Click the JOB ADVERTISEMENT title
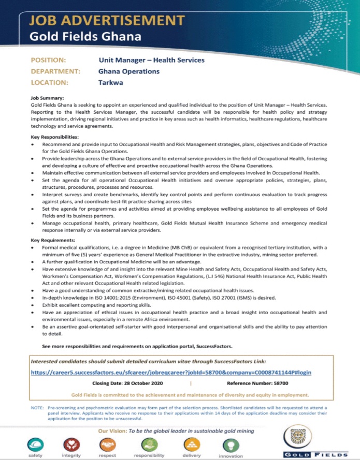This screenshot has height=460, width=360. coord(107,21)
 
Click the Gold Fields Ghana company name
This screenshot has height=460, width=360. coord(85,37)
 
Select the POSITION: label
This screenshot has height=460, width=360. coord(48,60)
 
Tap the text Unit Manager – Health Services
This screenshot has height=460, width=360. coord(151,60)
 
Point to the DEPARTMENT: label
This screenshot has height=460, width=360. coord(55,71)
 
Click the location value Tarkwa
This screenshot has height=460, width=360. coord(110,82)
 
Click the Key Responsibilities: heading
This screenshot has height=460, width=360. coord(56,137)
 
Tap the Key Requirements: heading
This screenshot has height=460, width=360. coord(54,240)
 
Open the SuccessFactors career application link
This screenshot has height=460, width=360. coord(171,372)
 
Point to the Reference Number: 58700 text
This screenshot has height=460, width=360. coord(257,383)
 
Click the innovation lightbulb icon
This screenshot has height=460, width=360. coord(231,445)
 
